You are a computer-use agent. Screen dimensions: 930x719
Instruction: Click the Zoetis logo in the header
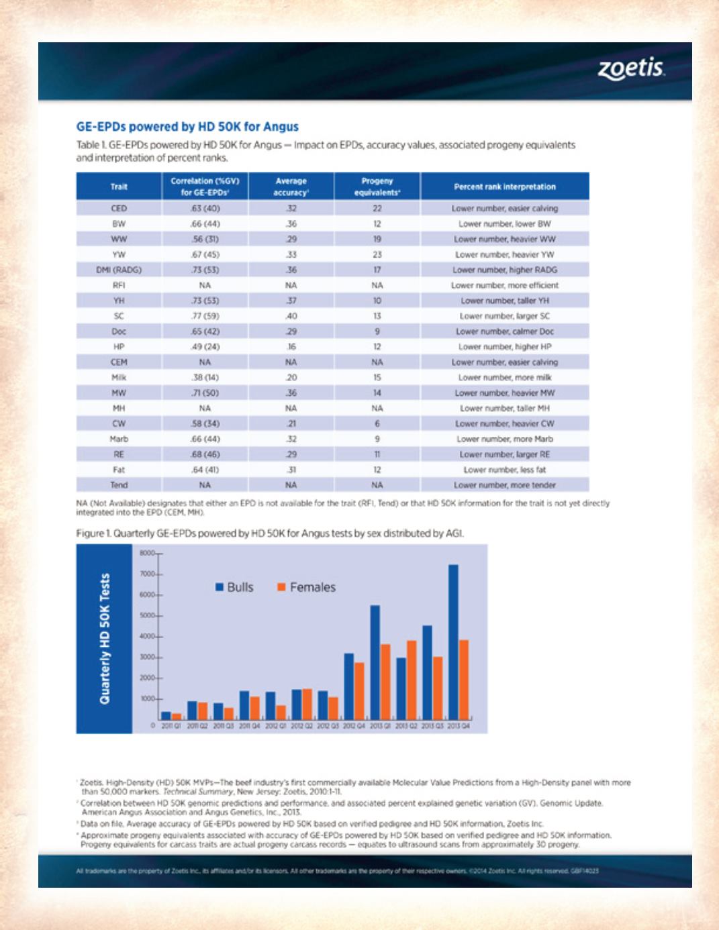631,68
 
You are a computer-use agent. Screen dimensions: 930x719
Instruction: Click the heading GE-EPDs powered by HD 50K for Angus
187,127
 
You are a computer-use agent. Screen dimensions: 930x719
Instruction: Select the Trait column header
119,187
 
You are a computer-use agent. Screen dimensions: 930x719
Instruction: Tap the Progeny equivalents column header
377,187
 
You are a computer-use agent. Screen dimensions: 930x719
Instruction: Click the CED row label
119,209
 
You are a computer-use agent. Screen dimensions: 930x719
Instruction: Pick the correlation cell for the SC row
205,316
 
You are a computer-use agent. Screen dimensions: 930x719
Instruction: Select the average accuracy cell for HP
291,347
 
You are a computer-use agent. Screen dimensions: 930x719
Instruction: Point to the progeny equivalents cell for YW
377,255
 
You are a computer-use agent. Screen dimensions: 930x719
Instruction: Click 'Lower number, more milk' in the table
505,378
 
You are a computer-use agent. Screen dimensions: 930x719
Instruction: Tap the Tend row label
119,485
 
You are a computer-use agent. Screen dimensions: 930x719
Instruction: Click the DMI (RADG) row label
119,270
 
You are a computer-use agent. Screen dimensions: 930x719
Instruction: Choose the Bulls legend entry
234,587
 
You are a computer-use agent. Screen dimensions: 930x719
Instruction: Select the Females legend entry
307,587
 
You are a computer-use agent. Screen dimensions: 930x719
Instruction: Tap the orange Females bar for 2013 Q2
412,680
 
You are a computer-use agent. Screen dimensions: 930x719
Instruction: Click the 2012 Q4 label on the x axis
354,725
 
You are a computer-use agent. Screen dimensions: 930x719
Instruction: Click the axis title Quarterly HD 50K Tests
105,638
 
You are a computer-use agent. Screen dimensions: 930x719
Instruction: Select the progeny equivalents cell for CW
377,424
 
